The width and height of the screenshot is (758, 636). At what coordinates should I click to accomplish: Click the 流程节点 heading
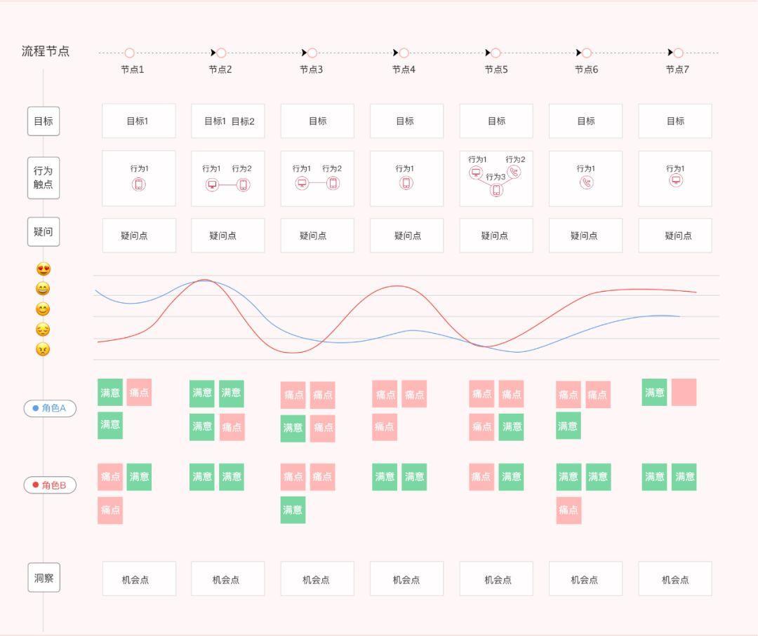click(46, 51)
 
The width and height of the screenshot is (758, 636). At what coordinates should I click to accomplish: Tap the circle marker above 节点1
click(129, 53)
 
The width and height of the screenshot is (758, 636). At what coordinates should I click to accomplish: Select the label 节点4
click(404, 69)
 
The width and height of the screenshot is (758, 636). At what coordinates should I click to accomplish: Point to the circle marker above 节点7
click(678, 53)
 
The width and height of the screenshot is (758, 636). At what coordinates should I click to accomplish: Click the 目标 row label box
click(44, 121)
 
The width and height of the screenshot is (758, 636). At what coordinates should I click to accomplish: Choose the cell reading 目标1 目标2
click(228, 121)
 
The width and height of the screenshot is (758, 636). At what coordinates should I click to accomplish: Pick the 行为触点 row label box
click(44, 178)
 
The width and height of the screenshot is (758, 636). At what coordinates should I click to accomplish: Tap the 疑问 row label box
click(44, 232)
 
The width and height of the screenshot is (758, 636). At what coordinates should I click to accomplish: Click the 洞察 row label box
click(44, 579)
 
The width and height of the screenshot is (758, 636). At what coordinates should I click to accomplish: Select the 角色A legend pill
click(50, 408)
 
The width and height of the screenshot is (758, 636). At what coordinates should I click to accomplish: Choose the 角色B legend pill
click(50, 485)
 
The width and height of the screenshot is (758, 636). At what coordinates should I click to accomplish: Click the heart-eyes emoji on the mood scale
click(44, 269)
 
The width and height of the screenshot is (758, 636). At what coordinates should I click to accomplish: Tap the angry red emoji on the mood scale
click(44, 349)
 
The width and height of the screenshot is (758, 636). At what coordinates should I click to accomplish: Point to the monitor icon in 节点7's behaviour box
click(676, 180)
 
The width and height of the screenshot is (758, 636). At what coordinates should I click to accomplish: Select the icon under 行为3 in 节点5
click(496, 190)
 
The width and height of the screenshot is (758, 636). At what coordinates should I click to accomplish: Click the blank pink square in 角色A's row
click(684, 393)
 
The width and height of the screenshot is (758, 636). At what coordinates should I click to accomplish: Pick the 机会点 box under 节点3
click(317, 579)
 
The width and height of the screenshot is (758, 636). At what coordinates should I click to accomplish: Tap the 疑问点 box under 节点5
click(496, 236)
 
